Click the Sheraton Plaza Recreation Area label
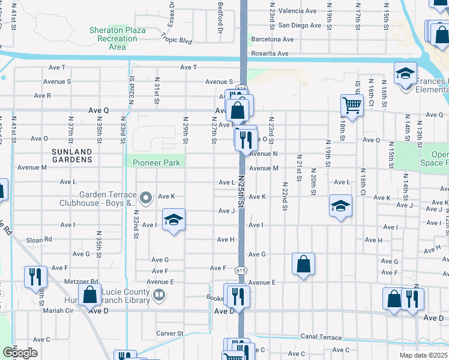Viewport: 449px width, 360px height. [113, 38]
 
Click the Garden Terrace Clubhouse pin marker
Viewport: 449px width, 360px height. [146, 197]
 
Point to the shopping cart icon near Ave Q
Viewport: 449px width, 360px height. [352, 106]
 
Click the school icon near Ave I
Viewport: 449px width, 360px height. [173, 220]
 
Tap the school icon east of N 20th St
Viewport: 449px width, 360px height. [340, 206]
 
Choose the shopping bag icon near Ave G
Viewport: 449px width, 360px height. [304, 263]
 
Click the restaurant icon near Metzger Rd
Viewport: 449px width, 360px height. [34, 277]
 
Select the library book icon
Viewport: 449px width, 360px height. [159, 294]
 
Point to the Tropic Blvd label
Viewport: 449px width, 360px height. [176, 41]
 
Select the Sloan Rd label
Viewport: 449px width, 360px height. [39, 240]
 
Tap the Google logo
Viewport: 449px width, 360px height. [20, 353]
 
